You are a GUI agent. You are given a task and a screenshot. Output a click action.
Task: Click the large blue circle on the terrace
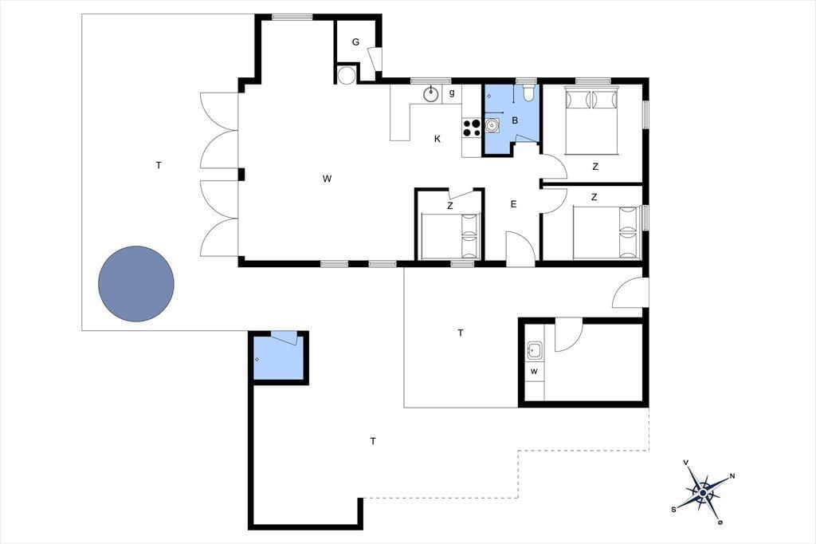tap(135, 283)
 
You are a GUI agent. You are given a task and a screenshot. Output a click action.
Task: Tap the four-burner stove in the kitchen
tap(472, 128)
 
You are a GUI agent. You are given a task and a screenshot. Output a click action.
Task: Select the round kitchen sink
tap(430, 94)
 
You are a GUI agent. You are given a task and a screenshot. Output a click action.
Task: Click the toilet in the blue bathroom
tap(528, 93)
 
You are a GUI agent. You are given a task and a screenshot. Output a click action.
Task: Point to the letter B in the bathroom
tap(515, 121)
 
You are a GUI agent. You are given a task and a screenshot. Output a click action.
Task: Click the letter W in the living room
tap(327, 179)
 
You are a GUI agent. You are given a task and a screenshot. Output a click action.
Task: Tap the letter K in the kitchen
tap(437, 139)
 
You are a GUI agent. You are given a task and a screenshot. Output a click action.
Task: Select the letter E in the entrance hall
tap(513, 204)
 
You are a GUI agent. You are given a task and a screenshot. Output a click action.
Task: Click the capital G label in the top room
tap(355, 42)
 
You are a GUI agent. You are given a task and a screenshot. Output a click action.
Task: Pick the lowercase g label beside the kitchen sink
tap(452, 93)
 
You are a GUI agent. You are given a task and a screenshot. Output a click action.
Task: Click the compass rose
tap(703, 492)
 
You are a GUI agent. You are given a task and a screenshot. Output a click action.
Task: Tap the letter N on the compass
tap(732, 475)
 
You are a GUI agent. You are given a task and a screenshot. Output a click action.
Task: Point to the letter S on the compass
tap(674, 510)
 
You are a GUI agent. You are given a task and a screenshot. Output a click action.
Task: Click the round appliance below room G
tap(346, 75)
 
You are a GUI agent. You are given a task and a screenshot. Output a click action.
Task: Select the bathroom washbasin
tap(492, 125)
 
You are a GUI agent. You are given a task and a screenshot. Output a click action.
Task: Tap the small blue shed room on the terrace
tap(278, 358)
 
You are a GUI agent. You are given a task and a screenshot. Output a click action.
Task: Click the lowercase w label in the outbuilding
tap(533, 372)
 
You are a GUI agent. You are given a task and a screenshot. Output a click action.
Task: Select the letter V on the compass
tap(686, 463)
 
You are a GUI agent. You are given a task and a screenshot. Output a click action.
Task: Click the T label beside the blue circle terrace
tap(159, 166)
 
